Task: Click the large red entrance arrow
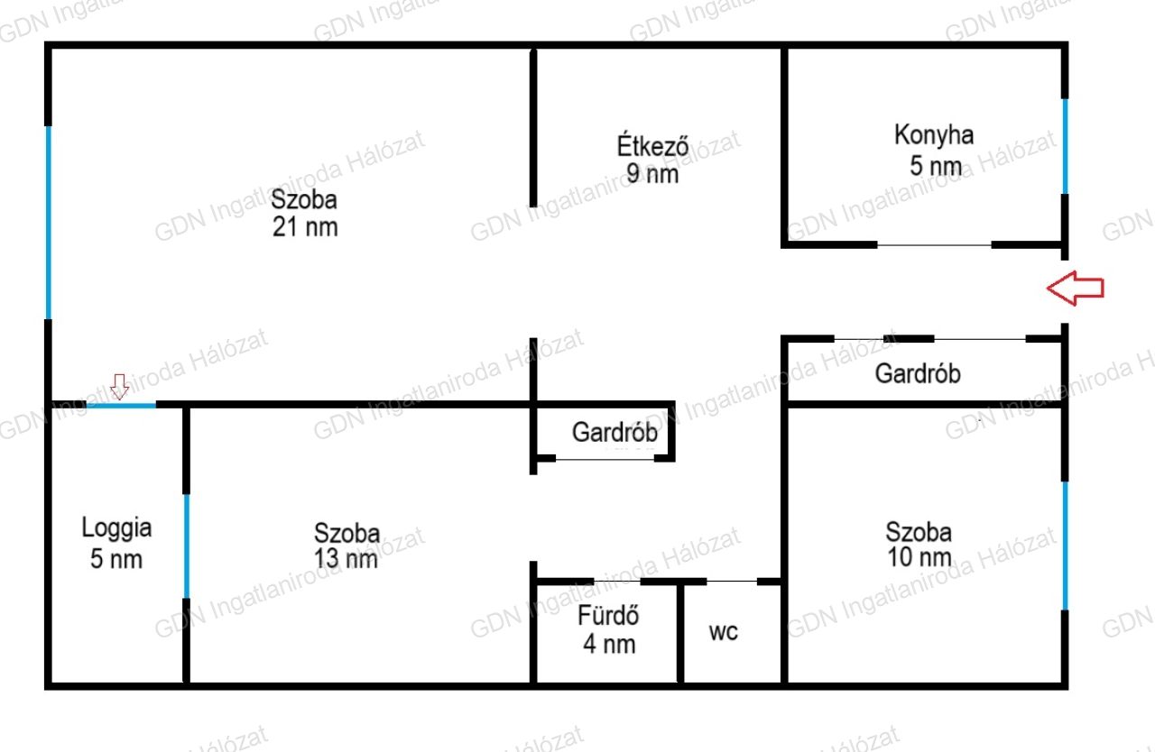coord(1075,288)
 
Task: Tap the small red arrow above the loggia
coord(120,386)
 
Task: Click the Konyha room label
coord(934,135)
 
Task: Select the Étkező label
coord(652,146)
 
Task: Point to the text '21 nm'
coord(305,227)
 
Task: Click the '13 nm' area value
coord(346,559)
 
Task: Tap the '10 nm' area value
coord(919,557)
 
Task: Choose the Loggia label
coord(116,528)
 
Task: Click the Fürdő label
coord(608,615)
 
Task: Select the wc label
coord(724,632)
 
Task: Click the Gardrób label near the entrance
coord(918,374)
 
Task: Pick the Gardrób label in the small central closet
coord(614,432)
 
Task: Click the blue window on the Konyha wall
coord(1066,146)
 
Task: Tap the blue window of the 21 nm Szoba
coord(49,223)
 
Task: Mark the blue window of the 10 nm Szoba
coord(1066,546)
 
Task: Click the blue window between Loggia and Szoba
coord(187,546)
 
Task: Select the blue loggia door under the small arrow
coord(121,406)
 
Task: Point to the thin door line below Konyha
coord(934,245)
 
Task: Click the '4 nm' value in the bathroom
coord(609,645)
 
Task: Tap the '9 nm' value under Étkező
coord(652,174)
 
